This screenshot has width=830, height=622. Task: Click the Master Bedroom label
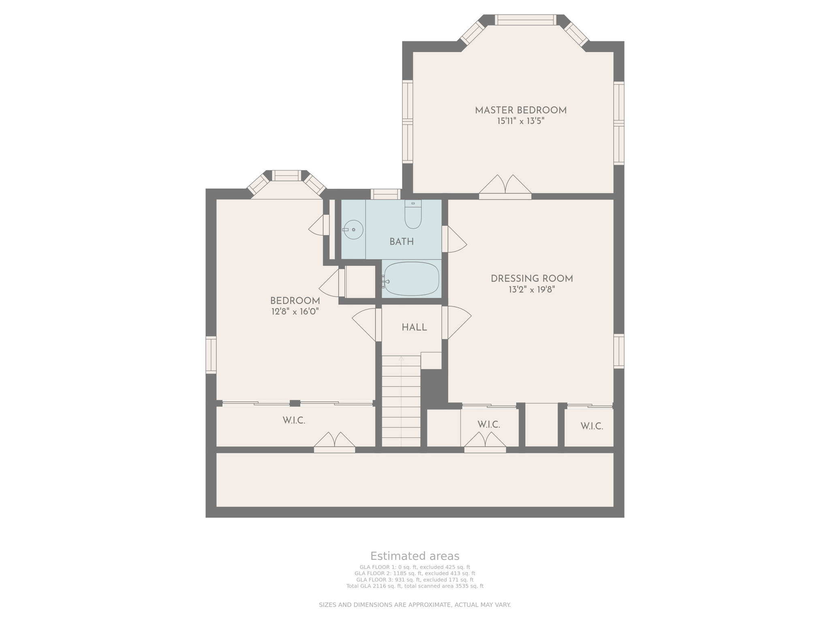point(520,110)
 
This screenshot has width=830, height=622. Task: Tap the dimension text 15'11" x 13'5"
point(520,121)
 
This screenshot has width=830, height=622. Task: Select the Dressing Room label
point(531,279)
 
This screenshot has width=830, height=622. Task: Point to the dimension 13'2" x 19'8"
point(531,290)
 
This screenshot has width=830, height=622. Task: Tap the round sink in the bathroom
point(353,230)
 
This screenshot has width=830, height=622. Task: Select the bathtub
point(411,279)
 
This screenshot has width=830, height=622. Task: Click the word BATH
point(401,242)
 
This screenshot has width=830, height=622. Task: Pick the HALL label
point(414,327)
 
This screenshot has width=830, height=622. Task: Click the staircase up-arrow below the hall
point(401,359)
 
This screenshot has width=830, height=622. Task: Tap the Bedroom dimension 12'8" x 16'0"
point(295,311)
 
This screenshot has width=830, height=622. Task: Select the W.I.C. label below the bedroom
point(294,421)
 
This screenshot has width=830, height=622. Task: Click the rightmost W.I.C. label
point(591,426)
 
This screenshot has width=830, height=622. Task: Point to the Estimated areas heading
point(415,556)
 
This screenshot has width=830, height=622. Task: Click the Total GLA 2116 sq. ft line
point(415,586)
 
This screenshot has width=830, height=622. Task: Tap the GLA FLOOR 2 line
point(415,573)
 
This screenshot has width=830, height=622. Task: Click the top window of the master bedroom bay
point(525,20)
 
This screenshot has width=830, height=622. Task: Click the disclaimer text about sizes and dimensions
point(415,605)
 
